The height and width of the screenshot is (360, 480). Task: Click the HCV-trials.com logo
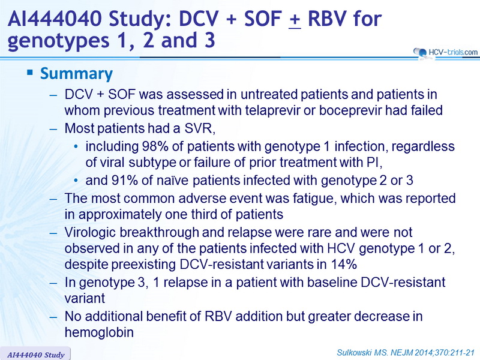click(x=445, y=52)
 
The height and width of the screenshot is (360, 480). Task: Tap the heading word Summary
click(x=77, y=74)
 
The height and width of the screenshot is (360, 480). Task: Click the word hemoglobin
click(x=99, y=332)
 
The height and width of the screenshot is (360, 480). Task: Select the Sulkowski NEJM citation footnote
click(x=406, y=353)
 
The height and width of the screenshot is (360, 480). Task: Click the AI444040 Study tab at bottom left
click(x=35, y=355)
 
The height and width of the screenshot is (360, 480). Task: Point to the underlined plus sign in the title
click(x=295, y=20)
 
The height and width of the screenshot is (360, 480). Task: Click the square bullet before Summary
click(x=29, y=73)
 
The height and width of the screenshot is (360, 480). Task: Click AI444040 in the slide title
click(x=55, y=19)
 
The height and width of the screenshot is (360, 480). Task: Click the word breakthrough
click(x=159, y=232)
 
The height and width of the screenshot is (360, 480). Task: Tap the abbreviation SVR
click(x=200, y=128)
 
